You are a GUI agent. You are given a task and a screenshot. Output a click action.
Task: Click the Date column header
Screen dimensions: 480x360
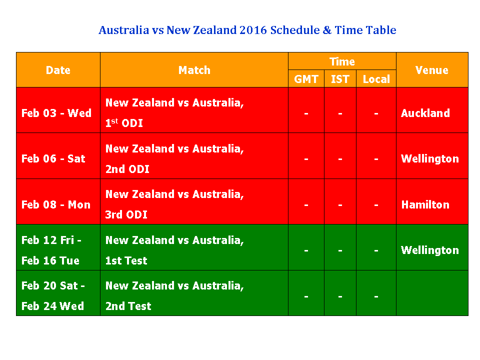click(58, 70)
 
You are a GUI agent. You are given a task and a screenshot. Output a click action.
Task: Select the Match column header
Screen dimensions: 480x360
click(194, 70)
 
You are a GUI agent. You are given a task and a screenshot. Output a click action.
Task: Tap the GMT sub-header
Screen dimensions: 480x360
click(306, 79)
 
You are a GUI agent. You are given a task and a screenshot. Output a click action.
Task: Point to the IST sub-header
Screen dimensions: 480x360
click(340, 79)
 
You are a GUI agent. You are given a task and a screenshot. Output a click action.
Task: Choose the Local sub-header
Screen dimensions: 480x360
click(376, 79)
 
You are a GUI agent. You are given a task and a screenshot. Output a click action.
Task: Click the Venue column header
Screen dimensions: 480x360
click(432, 70)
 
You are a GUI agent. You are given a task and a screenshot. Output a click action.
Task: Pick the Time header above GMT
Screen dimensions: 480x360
click(342, 61)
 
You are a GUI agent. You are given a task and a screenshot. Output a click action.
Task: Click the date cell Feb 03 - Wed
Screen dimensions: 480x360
click(56, 113)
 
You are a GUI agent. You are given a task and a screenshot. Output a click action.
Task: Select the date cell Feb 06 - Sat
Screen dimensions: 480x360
click(53, 158)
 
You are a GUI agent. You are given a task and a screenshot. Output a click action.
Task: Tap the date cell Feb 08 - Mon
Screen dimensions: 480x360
click(56, 204)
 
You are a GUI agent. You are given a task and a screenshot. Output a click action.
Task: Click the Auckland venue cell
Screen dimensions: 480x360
click(425, 113)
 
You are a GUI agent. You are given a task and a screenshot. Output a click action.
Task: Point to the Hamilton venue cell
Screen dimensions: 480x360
click(425, 204)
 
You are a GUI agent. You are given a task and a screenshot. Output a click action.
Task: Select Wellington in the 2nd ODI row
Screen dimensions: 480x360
click(430, 158)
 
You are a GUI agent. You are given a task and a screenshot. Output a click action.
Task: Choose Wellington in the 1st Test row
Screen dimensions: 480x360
click(430, 250)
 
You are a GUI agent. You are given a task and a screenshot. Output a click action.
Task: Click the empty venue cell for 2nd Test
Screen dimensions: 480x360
click(432, 293)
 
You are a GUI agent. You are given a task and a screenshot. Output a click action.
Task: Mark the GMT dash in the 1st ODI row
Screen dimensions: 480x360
click(306, 113)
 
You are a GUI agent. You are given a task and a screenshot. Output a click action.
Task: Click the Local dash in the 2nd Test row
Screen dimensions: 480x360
click(376, 296)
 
